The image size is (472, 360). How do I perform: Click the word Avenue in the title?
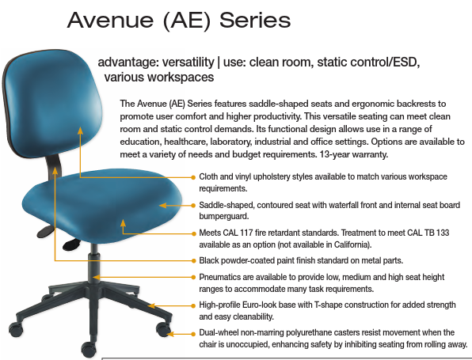pyautogui.click(x=111, y=21)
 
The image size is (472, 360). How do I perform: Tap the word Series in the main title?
pyautogui.click(x=255, y=21)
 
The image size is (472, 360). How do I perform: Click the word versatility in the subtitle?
pyautogui.click(x=188, y=63)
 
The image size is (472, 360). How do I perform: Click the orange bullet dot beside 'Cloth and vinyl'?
pyautogui.click(x=193, y=177)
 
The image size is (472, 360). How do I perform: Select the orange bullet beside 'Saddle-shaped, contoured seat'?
pyautogui.click(x=193, y=206)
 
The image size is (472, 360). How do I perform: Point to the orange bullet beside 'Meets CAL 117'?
pyautogui.click(x=193, y=233)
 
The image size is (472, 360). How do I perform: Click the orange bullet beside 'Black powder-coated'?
pyautogui.click(x=193, y=260)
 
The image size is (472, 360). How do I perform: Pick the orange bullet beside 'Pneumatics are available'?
pyautogui.click(x=193, y=277)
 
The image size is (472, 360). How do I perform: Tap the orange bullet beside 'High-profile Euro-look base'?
pyautogui.click(x=193, y=305)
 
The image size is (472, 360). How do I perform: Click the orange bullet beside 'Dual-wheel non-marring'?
pyautogui.click(x=193, y=334)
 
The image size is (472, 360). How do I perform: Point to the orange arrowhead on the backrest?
pyautogui.click(x=80, y=131)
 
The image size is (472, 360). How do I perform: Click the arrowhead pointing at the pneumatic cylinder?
pyautogui.click(x=96, y=277)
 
